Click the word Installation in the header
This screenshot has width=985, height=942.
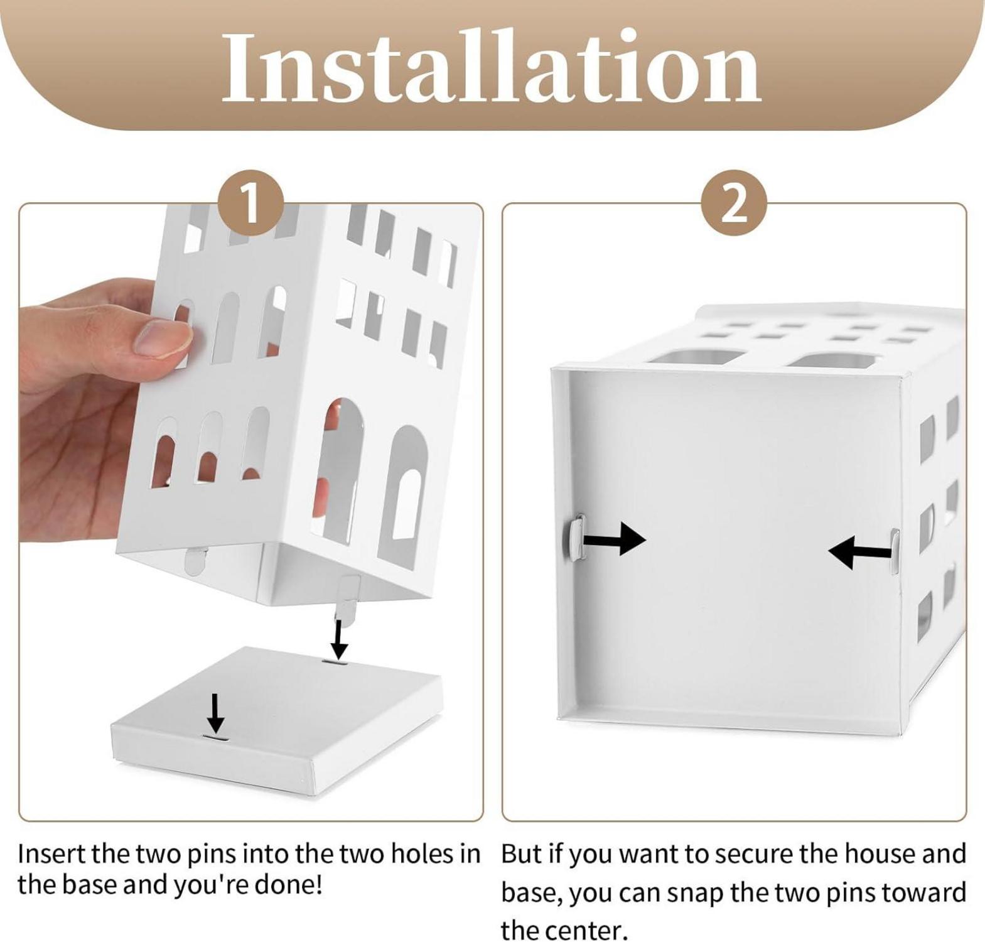tap(492, 67)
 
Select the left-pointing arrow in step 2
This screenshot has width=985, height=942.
tap(859, 552)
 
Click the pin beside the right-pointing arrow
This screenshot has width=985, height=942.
tap(575, 536)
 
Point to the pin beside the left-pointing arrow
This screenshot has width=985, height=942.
tap(895, 551)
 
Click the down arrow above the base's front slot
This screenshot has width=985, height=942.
tap(215, 713)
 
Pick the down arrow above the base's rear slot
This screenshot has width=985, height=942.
tap(339, 640)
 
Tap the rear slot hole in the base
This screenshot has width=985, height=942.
tap(336, 662)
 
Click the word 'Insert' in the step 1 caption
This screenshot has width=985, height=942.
tap(52, 855)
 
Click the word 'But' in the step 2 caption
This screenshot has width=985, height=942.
tap(521, 855)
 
